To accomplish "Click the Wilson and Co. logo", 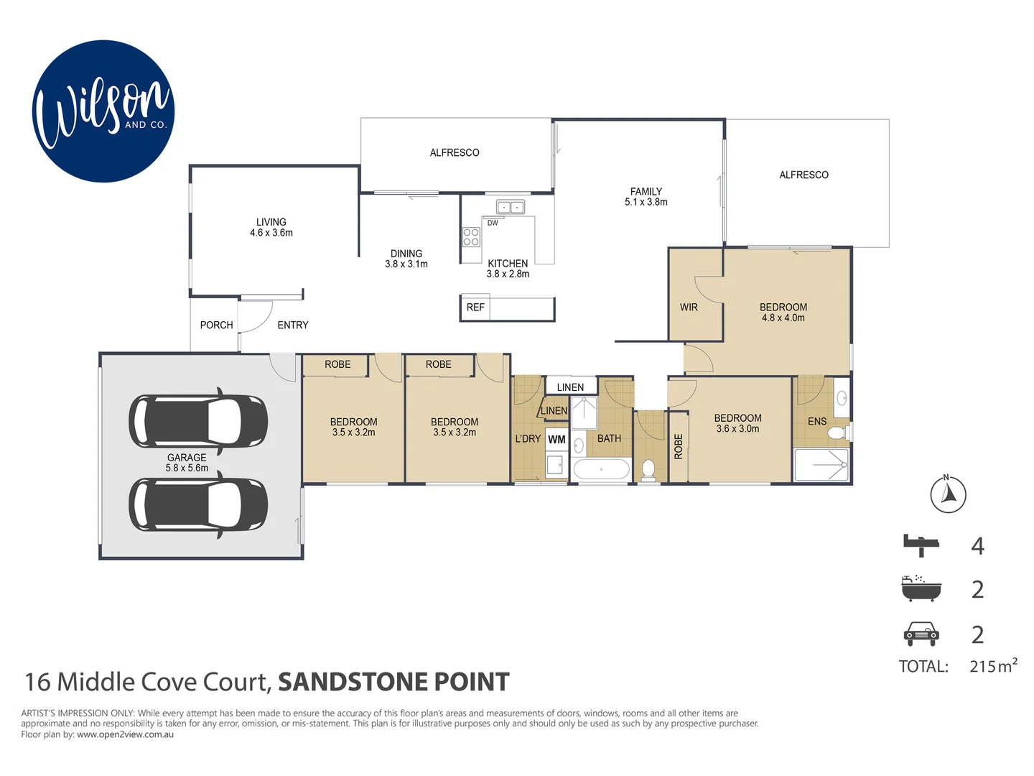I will coord(103,111).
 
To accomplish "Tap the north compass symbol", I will coord(948,494).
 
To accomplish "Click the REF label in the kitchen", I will coord(475,308).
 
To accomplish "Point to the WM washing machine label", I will coord(556,439).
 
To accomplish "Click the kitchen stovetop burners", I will coord(471,237).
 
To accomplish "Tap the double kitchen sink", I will coord(511,208).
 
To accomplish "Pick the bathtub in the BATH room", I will coord(602,471).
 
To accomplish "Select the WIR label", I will coord(689,308).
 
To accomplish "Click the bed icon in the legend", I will coord(921,545).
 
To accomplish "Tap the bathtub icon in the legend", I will coord(921,588).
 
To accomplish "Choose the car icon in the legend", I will coord(921,634).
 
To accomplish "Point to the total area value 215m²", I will coord(993,666).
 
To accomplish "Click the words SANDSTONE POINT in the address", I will coord(393,682).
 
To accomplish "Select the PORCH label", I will coord(216,325).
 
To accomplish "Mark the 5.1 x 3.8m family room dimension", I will coord(646,203).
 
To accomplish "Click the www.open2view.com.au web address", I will coord(125,734).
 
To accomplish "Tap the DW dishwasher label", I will coord(493,223).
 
